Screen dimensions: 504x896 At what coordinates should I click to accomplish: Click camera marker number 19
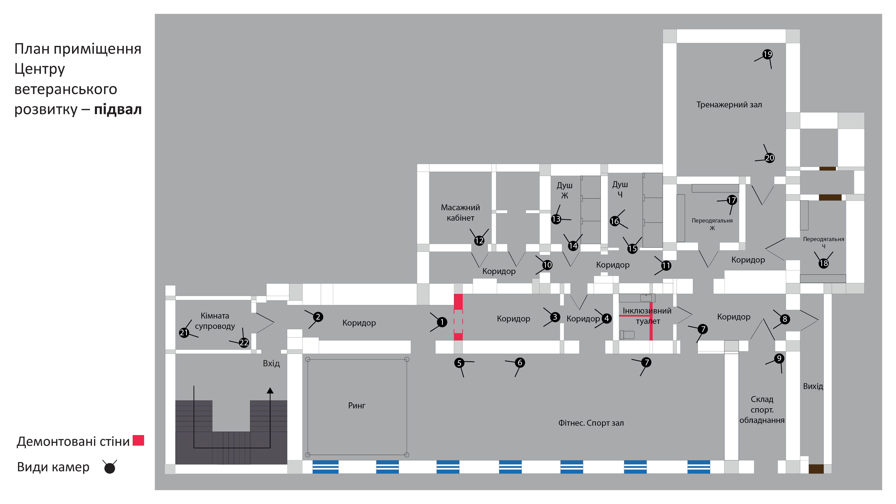767,54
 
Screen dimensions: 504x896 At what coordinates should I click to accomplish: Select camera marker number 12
479,240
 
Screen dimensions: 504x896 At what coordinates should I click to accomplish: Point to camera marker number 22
244,343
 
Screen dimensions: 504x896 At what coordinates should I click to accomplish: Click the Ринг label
357,406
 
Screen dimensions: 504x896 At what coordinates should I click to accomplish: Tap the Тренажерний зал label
729,105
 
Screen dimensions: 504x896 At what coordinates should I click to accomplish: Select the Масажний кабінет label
460,213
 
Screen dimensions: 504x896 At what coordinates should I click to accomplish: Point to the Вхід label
271,364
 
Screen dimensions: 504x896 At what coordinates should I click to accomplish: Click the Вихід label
813,386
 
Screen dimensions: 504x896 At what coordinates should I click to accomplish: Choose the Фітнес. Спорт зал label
591,423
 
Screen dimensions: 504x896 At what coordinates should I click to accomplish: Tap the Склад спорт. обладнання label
762,410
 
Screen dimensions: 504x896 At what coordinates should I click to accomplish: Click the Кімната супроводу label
215,321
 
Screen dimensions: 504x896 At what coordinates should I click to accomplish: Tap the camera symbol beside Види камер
110,467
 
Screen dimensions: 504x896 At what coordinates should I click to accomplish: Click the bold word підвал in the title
118,110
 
